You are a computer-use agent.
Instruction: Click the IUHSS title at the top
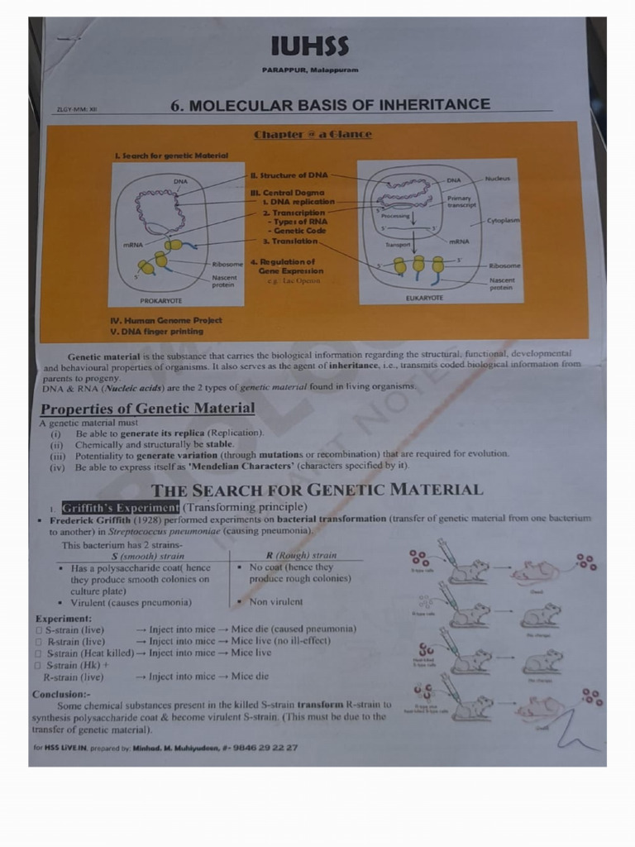tap(310, 46)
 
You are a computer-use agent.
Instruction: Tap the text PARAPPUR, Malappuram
tap(310, 69)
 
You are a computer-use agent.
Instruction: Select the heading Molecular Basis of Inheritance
tap(330, 105)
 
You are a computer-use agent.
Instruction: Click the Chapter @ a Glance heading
tap(313, 134)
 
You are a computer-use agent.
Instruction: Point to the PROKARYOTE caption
tap(161, 300)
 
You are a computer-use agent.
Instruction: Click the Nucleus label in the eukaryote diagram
tap(498, 178)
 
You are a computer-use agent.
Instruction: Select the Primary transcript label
tap(461, 202)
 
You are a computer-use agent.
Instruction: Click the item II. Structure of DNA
tap(289, 175)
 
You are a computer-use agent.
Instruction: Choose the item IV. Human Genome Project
tap(165, 320)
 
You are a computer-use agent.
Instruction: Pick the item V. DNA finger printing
tap(160, 331)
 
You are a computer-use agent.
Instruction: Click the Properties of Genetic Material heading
tap(148, 409)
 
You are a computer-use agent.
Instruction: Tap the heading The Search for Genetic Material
tap(317, 490)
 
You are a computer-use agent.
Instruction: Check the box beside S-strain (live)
tap(38, 629)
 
